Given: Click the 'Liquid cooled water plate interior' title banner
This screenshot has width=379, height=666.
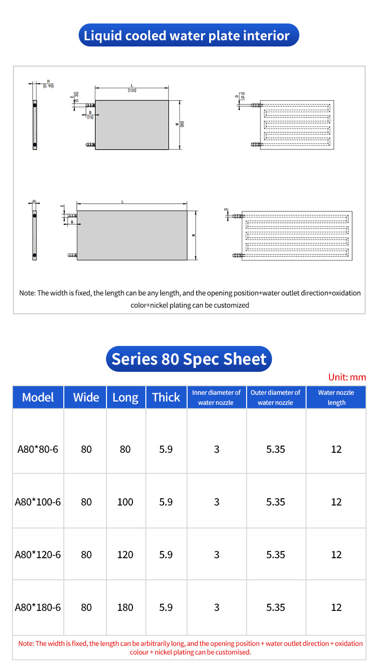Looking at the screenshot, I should coord(189,35).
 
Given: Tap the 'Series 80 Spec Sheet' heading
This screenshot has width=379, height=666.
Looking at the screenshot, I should coord(189,359).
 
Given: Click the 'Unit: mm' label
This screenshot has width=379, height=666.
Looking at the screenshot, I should coord(347,377).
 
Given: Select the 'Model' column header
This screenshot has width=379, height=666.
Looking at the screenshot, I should coord(38,397).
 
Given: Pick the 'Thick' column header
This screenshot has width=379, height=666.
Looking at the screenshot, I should coord(166,397).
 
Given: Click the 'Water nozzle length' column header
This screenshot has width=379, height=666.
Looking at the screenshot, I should coord(336,397).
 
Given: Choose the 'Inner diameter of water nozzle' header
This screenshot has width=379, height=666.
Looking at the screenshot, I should coord(216,397).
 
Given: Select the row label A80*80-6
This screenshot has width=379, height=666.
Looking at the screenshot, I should coord(38,449).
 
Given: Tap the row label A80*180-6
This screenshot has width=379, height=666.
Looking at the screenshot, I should coord(38,607).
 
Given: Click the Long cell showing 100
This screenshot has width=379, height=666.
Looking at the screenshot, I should coord(125,502).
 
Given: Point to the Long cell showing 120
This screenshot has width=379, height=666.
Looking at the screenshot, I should coord(125,555).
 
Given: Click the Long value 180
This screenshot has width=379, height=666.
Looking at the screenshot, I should coord(125,607).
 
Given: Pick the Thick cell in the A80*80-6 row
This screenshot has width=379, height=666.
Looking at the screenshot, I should coord(166,449).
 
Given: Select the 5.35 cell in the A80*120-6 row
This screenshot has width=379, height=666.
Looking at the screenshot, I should coord(276,555).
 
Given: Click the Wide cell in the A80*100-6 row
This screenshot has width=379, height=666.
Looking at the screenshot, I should coord(86,502).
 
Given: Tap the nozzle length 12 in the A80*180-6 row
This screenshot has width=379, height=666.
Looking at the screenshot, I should coord(336,607).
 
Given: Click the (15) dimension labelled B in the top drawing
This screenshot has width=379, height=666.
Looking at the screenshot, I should coord(90,117).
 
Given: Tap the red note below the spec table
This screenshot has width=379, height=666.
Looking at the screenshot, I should coord(190,647).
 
